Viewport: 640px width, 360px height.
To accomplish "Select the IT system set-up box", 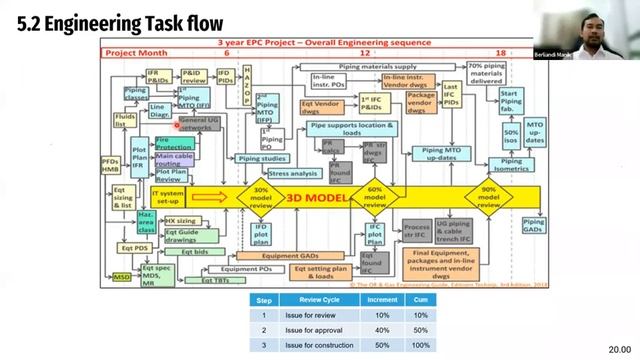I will pos(169,196).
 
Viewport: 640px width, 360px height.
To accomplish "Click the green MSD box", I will pos(121,277).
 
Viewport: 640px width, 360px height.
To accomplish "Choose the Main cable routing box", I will pos(174,160).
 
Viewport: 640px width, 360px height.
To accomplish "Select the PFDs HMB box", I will pos(111,165).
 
